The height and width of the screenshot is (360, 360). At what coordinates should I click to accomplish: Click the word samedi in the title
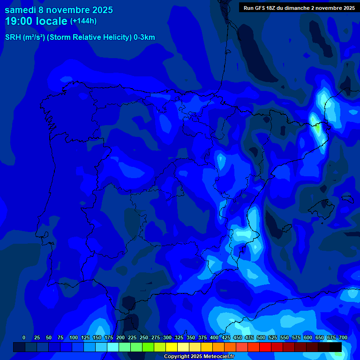coord(20,10)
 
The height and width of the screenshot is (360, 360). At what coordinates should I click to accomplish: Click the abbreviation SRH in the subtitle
coord(13,37)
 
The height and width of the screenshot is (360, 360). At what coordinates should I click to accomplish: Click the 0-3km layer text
coord(144,37)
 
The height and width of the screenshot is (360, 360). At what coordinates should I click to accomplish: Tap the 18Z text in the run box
coord(272,7)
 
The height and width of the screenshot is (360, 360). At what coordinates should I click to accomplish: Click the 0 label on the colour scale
coord(24,338)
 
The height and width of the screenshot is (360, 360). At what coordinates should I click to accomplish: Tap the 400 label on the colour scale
coord(214,338)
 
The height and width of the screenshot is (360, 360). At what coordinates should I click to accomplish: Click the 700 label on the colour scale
coord(343,338)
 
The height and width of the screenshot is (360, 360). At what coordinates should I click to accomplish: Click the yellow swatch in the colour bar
coord(172,347)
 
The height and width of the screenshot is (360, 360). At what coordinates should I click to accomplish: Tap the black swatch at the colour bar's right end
coord(336,347)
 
